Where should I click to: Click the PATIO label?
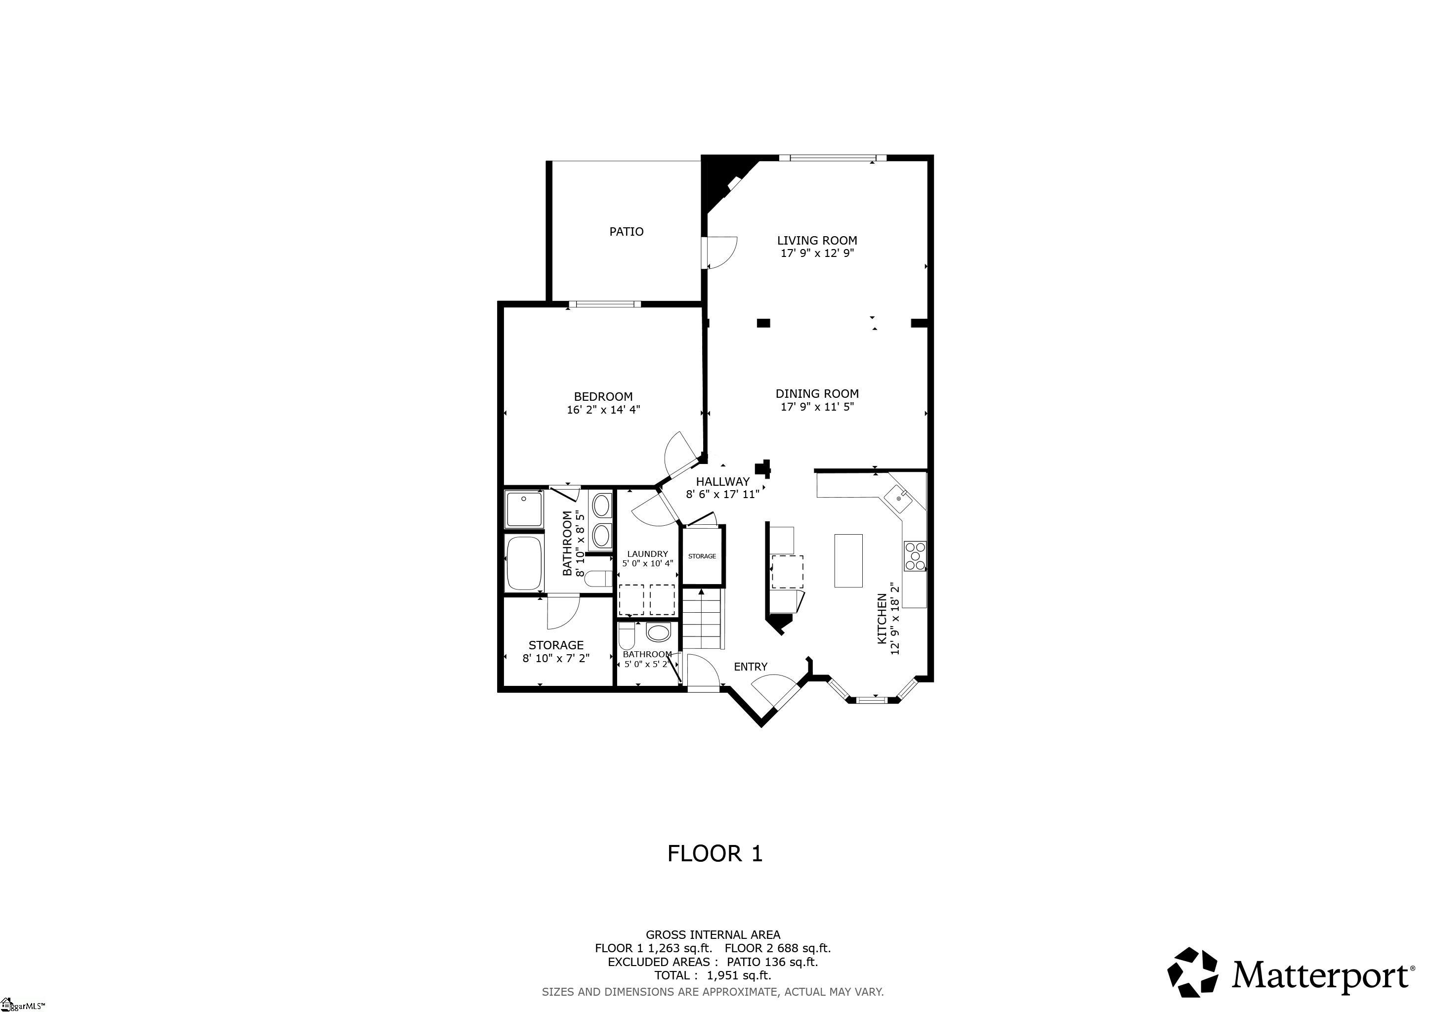coord(627,232)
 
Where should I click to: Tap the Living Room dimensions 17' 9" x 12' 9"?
coord(817,253)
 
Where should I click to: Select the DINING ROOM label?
coord(817,394)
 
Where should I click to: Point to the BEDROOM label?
coord(603,397)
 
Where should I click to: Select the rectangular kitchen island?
coord(848,560)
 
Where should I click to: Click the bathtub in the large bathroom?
coord(524,563)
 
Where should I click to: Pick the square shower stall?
coord(524,509)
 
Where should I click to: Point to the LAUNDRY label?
coord(648,554)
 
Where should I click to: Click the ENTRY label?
coord(751,667)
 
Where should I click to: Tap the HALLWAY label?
coord(723,482)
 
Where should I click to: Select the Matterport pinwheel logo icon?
coord(1193,971)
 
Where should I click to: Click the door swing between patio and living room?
coord(722,253)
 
